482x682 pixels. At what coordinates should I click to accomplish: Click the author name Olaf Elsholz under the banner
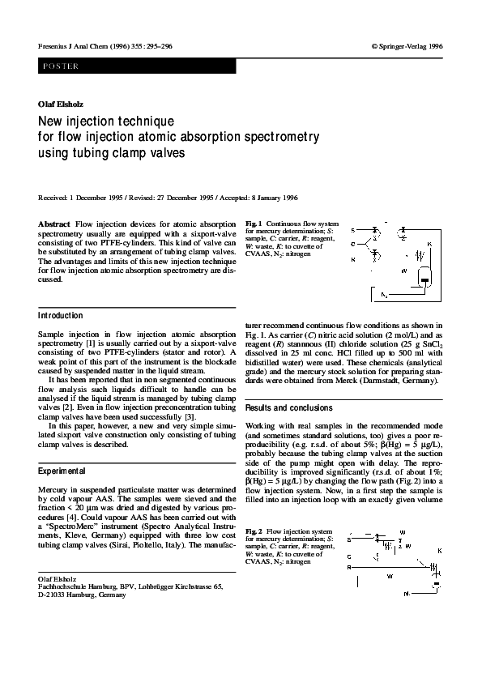point(61,104)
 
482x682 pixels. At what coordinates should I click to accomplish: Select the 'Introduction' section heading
point(60,315)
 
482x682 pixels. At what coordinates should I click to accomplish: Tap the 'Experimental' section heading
point(61,470)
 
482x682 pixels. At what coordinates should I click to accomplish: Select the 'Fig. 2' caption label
point(252,531)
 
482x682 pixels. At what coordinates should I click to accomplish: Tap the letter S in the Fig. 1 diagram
point(353,231)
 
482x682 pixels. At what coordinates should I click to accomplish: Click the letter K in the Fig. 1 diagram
point(429,243)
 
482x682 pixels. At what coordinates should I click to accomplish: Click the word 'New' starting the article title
point(53,121)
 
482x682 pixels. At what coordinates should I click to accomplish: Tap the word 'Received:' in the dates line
point(53,197)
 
